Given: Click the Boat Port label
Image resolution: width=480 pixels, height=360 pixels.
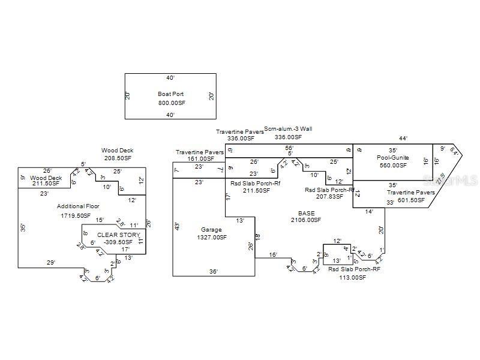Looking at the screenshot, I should [x=170, y=94].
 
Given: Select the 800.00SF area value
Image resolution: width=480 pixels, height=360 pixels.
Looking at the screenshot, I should [x=170, y=103].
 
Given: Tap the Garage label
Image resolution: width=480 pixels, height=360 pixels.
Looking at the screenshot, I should [x=211, y=229].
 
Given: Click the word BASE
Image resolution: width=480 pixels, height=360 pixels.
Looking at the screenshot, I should [x=306, y=213].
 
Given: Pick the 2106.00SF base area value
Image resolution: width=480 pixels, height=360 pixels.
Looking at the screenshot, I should [x=306, y=220].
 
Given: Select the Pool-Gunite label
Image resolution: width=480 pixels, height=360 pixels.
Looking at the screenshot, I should [x=392, y=158].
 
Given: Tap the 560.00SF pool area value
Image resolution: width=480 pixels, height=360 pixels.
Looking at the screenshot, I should [x=392, y=166].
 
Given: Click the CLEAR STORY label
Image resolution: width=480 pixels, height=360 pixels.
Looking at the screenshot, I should [x=118, y=235].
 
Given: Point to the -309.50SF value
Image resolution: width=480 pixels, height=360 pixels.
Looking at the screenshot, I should [x=118, y=242].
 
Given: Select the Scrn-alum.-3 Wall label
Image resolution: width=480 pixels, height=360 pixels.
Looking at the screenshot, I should [x=288, y=128].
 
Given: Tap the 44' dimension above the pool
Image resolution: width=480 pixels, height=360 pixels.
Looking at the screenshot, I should [x=403, y=139].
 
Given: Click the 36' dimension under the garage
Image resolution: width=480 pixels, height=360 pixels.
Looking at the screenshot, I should [x=213, y=271].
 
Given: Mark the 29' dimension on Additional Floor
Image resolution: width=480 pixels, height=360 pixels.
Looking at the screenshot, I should [x=52, y=262].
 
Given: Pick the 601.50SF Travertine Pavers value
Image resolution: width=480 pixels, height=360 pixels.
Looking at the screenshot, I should [x=410, y=200].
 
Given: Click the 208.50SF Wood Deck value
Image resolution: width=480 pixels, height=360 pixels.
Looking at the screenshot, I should [x=117, y=158].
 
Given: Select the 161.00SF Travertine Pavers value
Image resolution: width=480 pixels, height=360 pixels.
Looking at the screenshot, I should [x=200, y=160].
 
